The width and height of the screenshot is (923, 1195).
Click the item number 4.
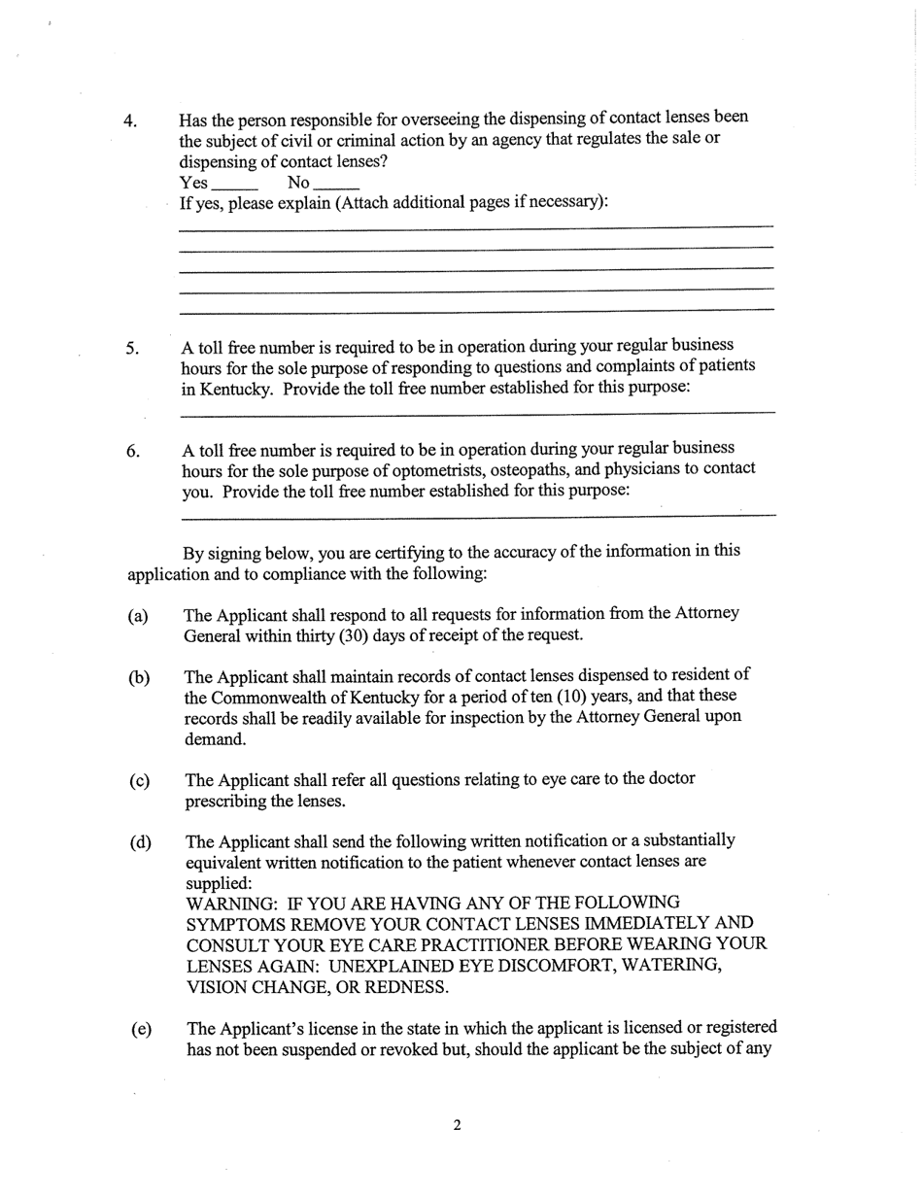point(129,121)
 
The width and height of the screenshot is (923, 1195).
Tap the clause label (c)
point(140,781)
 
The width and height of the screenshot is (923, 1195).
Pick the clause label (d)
point(141,842)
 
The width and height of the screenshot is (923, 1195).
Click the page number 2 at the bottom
point(457,1126)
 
